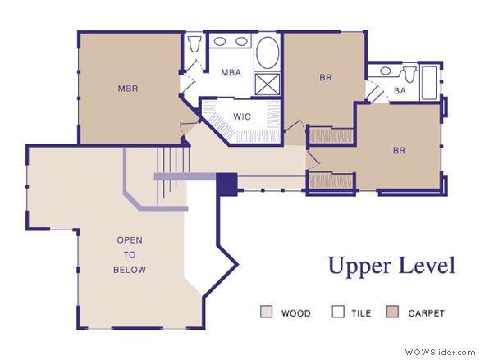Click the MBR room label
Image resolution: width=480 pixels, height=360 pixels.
(128, 89)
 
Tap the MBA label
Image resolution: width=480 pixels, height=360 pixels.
(231, 72)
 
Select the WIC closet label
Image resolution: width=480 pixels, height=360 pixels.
(242, 116)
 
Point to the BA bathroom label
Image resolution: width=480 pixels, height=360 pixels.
(400, 91)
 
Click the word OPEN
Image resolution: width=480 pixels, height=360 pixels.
(130, 240)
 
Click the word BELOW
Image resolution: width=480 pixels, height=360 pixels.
(130, 270)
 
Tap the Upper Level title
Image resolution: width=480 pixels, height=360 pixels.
(391, 266)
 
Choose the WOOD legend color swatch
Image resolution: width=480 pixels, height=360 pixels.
(266, 312)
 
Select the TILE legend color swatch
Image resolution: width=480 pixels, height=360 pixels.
(338, 312)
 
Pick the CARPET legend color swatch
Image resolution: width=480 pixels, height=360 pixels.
(392, 312)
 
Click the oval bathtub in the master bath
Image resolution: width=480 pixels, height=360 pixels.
(267, 52)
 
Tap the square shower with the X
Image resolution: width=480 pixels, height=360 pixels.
(267, 84)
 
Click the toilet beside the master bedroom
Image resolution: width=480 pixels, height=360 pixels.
(194, 44)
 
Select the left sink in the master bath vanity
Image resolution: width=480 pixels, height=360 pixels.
(220, 41)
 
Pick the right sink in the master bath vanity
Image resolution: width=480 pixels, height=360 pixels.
(241, 41)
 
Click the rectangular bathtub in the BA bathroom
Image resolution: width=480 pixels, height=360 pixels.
(428, 83)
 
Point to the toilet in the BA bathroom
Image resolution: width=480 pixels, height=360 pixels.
(409, 75)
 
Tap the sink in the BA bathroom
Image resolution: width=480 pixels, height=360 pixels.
(386, 71)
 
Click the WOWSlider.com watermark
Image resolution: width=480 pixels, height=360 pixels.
(440, 352)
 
